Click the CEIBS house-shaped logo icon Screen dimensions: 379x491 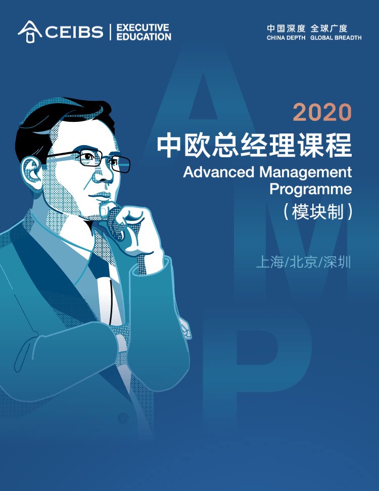point(30,32)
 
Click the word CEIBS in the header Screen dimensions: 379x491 point(74,32)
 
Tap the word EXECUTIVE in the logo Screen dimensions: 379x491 point(143,27)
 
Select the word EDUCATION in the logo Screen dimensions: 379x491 point(144,37)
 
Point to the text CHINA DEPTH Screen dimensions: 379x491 point(286,38)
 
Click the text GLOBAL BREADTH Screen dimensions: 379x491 point(336,38)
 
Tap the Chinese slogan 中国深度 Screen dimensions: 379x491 point(286,28)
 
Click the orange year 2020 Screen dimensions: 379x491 point(322,112)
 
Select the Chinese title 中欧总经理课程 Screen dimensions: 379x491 point(255,146)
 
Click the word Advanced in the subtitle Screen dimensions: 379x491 point(218,172)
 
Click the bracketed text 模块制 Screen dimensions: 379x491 point(317,212)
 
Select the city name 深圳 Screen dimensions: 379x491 point(337,262)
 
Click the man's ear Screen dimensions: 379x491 point(31,172)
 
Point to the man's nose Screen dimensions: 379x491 point(105,175)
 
